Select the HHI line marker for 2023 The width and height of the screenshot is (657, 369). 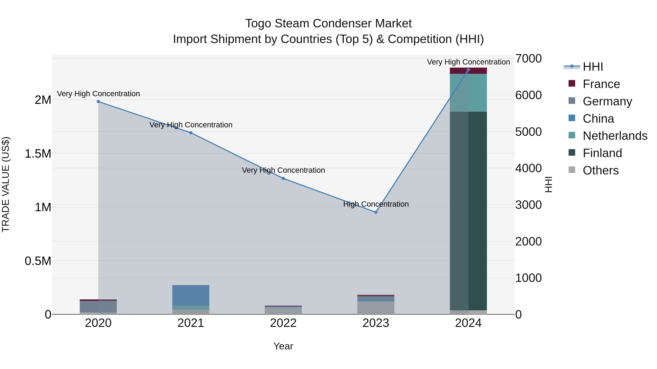376,212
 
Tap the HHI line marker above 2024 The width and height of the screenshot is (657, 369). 468,70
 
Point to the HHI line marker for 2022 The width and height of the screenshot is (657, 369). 283,179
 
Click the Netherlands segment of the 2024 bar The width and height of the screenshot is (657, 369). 468,93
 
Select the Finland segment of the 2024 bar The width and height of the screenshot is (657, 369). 468,211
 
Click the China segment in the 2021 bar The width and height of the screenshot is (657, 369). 191,295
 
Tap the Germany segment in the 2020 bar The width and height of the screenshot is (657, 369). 98,307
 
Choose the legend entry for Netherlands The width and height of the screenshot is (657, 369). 615,136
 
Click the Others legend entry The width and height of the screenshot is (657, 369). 600,170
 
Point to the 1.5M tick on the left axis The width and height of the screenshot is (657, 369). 38,154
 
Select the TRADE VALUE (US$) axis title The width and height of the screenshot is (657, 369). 6,184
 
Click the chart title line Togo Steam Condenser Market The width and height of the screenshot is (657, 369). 328,24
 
